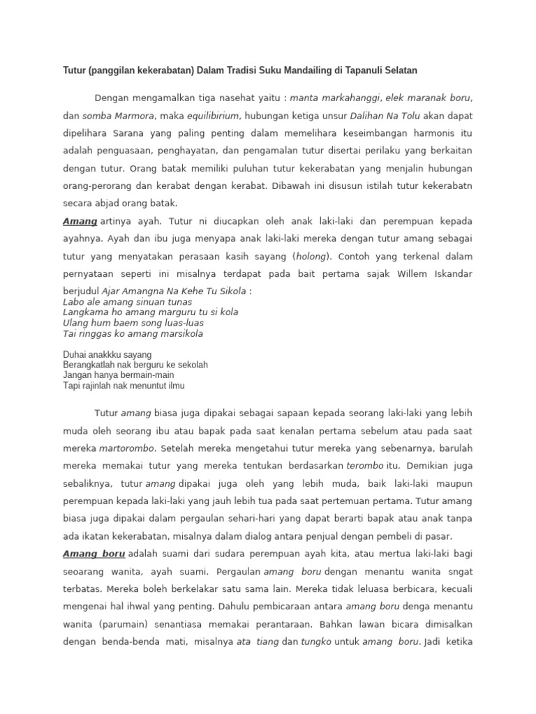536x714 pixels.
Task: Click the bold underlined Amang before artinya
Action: click(80, 220)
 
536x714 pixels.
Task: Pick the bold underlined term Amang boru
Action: click(94, 554)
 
